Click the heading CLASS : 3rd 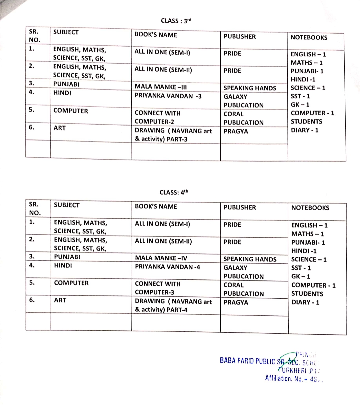click(176, 21)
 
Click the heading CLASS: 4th click(174, 193)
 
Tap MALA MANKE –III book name click(161, 87)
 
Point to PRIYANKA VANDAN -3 click(168, 96)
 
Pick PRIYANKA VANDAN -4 click(167, 267)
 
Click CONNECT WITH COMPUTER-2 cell click(157, 117)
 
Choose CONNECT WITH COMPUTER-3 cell click(158, 288)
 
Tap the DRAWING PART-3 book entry click(173, 135)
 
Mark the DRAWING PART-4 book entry click(173, 305)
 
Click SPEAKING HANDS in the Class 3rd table click(250, 88)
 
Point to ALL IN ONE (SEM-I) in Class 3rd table click(162, 52)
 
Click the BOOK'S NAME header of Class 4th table click(156, 206)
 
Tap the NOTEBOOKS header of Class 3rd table click(309, 38)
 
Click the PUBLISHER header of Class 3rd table click(240, 37)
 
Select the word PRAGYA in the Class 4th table click(236, 302)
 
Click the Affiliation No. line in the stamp click(293, 378)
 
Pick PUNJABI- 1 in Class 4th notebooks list click(308, 242)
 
